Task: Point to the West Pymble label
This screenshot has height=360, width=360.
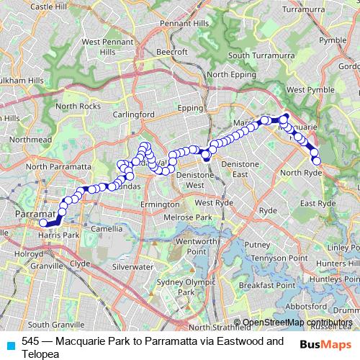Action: (x=310, y=89)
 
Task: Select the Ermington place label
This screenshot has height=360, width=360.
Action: (x=159, y=204)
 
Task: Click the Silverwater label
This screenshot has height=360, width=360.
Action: (x=132, y=266)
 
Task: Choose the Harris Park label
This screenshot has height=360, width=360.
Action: (x=60, y=235)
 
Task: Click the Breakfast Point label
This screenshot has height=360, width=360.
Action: (x=267, y=285)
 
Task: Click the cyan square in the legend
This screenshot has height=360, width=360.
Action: (x=12, y=344)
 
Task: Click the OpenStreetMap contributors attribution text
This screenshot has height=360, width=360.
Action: (x=297, y=323)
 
